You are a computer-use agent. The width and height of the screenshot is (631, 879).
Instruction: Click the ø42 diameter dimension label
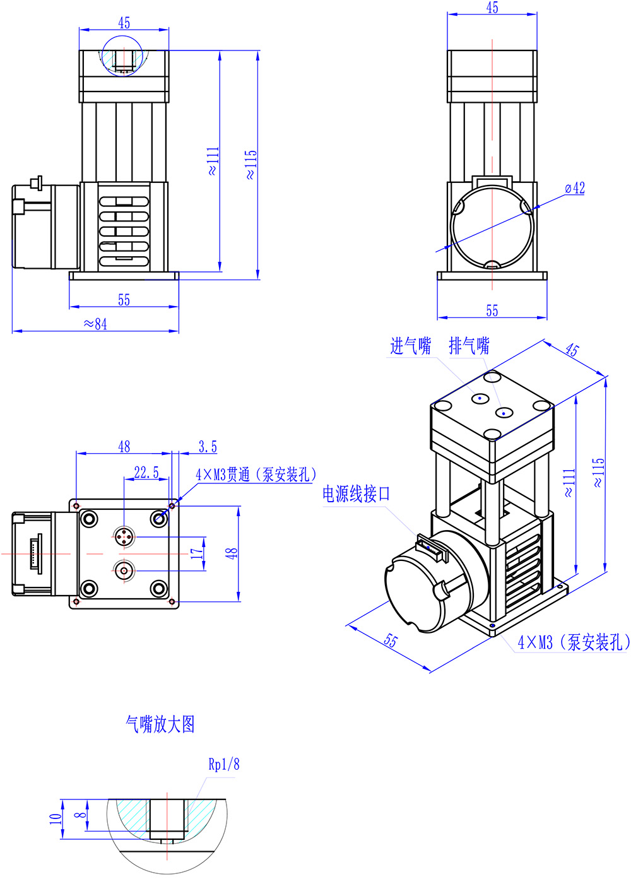click(575, 188)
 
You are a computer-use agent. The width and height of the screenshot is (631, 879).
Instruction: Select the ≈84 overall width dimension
click(95, 324)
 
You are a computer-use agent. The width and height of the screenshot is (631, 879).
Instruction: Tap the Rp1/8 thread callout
click(224, 764)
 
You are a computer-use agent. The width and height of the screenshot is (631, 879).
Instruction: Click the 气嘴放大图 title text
click(160, 724)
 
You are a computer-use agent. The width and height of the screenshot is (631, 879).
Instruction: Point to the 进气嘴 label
click(410, 346)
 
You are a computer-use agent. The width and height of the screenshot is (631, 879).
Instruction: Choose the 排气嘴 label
click(469, 346)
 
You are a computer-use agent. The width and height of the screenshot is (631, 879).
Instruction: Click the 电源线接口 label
click(357, 493)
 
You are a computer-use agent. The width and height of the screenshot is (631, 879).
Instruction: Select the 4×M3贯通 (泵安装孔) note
click(256, 475)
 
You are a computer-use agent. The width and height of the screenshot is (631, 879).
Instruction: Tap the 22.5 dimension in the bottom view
click(146, 473)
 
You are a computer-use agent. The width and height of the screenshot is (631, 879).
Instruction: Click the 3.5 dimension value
click(208, 447)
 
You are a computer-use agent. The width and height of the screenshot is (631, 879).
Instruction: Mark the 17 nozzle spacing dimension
click(197, 553)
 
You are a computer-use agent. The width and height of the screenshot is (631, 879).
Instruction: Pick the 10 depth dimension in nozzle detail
click(56, 818)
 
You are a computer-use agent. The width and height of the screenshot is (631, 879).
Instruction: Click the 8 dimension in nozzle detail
click(80, 815)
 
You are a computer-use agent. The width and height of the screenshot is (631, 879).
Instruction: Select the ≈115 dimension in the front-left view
click(251, 165)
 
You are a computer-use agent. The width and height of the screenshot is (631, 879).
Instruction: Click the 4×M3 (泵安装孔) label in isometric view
click(574, 642)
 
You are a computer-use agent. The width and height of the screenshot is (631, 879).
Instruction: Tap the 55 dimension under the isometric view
click(391, 640)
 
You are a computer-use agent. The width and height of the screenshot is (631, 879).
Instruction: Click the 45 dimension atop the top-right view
click(492, 8)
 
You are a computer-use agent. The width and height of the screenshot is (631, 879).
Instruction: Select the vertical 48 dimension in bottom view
click(232, 553)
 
